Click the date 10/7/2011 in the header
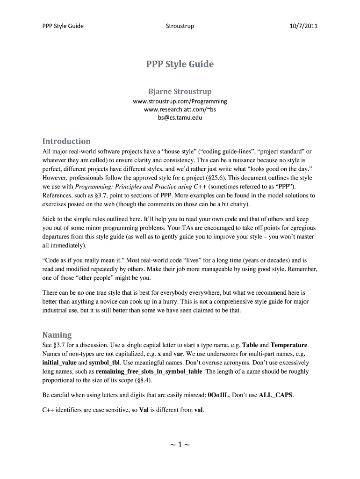[x=304, y=26]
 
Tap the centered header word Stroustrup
[x=180, y=26]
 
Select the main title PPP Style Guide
[x=180, y=65]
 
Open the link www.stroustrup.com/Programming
[x=180, y=101]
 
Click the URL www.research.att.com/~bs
[x=180, y=109]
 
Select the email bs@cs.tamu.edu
[x=180, y=118]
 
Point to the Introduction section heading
[x=66, y=141]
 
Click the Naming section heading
[x=57, y=335]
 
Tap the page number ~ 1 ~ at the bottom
[x=180, y=444]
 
